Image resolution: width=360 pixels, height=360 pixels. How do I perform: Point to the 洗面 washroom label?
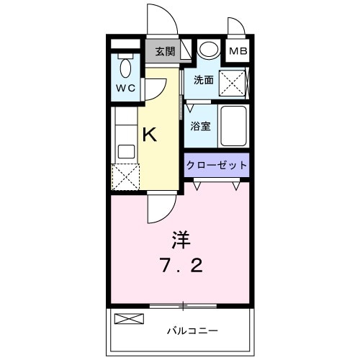coord(203,81)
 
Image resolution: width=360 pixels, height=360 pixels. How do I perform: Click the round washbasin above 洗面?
coord(208,50)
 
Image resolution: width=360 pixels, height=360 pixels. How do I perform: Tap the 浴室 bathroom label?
coord(200,127)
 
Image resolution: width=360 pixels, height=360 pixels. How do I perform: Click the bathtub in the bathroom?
coord(232,126)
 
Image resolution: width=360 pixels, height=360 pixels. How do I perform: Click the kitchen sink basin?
coord(126,151)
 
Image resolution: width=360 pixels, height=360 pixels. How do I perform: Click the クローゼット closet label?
coord(216,165)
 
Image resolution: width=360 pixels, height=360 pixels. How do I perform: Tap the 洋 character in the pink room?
coord(180,238)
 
